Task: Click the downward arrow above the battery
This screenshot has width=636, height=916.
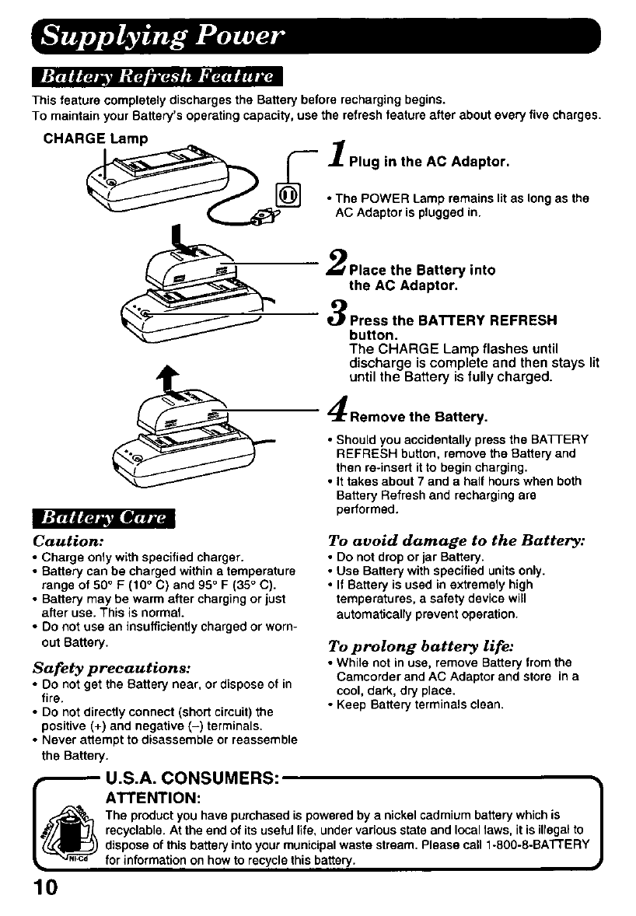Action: (x=178, y=236)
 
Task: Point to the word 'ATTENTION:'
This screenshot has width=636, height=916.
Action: (x=154, y=799)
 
